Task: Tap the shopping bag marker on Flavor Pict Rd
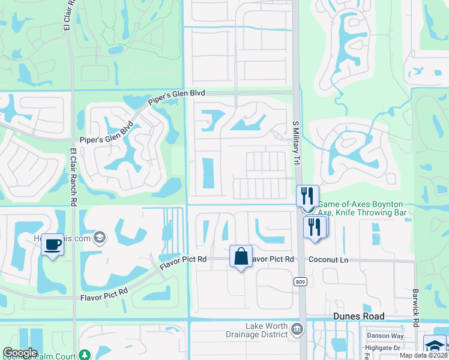(x=241, y=256)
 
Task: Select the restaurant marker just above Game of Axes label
(x=307, y=196)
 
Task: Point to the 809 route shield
(x=301, y=281)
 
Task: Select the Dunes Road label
(x=359, y=316)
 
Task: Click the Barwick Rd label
(x=416, y=307)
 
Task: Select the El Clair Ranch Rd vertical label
(x=73, y=177)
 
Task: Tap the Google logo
(x=20, y=353)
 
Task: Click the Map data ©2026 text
(x=423, y=355)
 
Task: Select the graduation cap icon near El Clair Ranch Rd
(x=100, y=238)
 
